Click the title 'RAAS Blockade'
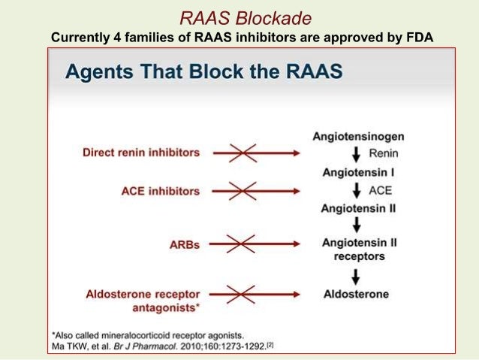pos(239,17)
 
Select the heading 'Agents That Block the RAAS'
pos(203,71)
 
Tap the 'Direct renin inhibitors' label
pos(141,153)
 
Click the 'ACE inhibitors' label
pos(160,191)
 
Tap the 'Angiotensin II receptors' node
pos(353,249)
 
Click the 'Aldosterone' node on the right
pos(355,294)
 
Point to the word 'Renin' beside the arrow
pos(384,153)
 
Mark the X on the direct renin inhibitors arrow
pos(243,153)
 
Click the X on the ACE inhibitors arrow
pos(243,191)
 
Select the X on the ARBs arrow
pos(243,244)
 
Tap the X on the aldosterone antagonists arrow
pos(243,294)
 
